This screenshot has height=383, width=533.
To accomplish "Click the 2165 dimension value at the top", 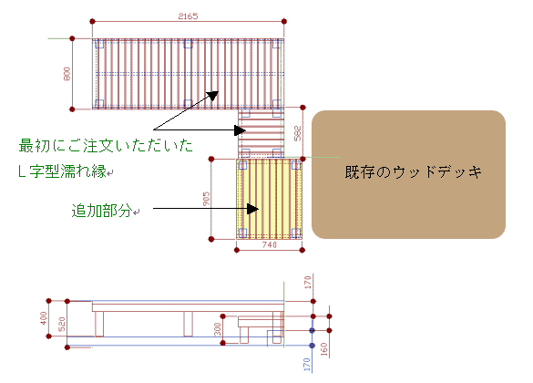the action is coord(188,16).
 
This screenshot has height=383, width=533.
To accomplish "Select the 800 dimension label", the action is coord(67,74).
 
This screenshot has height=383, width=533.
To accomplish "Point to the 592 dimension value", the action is coord(297,133).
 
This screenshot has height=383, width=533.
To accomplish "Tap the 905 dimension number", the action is coord(206,199).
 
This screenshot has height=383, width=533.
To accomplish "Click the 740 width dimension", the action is coord(269,244).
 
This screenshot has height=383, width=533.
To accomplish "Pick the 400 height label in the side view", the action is coord(44,318).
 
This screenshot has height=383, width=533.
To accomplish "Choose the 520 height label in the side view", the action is coord(62,325).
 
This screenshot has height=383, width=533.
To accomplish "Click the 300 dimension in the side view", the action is coord(218,329).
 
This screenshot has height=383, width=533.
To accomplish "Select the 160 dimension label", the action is coord(323,349).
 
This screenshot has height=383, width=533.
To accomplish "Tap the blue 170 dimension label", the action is coord(307,364).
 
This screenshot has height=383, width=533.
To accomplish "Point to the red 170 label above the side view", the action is coord(308,283).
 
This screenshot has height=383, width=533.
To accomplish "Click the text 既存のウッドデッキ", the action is coord(414,172).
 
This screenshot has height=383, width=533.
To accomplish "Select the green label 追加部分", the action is coord(102,211).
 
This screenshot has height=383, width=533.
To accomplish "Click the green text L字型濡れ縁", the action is coord(63,171).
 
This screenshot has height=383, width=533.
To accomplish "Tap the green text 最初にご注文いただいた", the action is coord(106,146).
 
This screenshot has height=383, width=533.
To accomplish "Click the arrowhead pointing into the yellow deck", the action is coord(252,209).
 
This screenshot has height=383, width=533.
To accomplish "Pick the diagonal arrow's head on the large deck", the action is coord(213,96).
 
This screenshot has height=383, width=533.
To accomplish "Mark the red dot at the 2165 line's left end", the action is coord(92,21).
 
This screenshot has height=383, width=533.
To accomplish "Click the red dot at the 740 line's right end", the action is coord(302,251).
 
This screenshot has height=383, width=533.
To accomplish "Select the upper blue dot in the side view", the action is coord(312,330).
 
